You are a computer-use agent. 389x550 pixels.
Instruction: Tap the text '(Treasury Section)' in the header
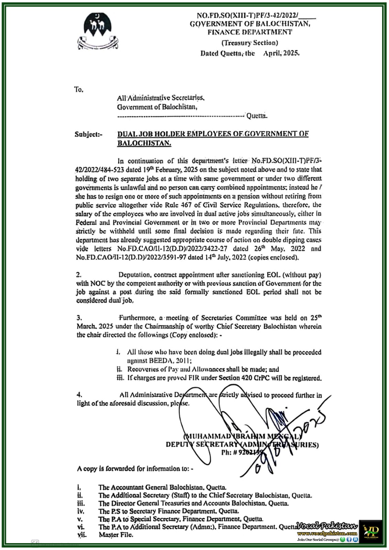pyautogui.click(x=250, y=43)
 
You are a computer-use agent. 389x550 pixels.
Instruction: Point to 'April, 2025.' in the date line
pyautogui.click(x=281, y=53)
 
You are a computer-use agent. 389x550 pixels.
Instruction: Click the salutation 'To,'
pyautogui.click(x=79, y=90)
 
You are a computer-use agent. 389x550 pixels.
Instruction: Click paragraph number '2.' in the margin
pyautogui.click(x=79, y=275)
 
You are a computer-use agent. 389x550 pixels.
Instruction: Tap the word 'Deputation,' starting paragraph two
pyautogui.click(x=134, y=275)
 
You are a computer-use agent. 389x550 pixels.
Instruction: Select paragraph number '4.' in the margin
pyautogui.click(x=79, y=395)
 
